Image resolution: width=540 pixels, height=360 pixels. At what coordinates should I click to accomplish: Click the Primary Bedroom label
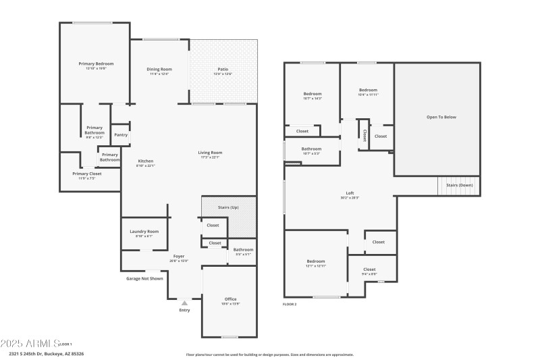tap(95, 63)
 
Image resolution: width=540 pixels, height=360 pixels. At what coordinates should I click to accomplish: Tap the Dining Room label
tap(159, 69)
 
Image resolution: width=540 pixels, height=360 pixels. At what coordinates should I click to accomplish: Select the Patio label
tap(223, 69)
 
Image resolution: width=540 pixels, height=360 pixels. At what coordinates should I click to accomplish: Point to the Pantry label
tap(121, 134)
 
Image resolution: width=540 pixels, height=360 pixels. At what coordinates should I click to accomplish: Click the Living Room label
tap(211, 153)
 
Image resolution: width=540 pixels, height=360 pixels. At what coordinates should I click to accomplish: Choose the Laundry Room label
tap(144, 231)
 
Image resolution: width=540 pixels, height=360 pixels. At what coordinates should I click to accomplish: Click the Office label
tap(230, 299)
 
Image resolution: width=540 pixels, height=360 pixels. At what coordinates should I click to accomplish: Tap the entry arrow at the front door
tap(184, 303)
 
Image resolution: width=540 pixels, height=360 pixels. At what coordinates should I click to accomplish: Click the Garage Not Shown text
tap(144, 278)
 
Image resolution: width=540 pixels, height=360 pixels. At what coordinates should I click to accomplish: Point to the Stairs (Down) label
tap(460, 184)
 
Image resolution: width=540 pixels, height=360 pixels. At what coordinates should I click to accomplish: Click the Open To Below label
tap(441, 117)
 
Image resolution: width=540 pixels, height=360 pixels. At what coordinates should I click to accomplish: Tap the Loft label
tap(349, 193)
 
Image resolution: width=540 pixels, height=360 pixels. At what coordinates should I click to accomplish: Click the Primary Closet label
tap(87, 174)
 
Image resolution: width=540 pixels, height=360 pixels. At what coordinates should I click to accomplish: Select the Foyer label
tap(179, 256)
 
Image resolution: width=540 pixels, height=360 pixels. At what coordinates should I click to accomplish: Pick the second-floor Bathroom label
tap(311, 149)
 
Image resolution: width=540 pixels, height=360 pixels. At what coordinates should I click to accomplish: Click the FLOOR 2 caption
tap(290, 304)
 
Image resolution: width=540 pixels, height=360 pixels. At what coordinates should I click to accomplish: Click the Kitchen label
tap(146, 161)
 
